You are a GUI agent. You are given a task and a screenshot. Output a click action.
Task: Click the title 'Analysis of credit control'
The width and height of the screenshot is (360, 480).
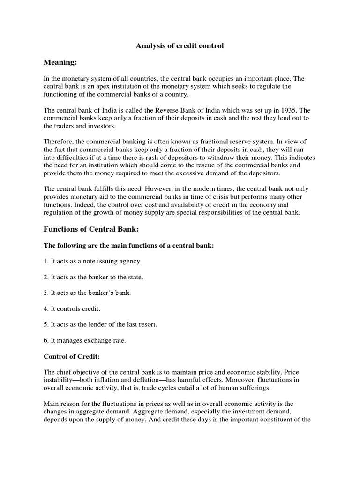click(x=180, y=46)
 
